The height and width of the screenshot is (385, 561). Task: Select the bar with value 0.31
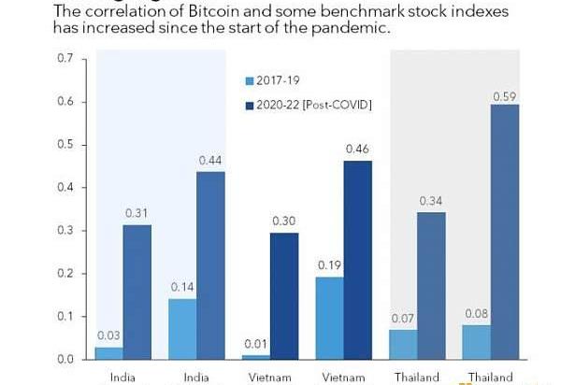pos(137,292)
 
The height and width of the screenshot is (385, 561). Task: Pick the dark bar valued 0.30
pos(283,294)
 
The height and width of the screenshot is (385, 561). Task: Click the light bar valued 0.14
pos(182,328)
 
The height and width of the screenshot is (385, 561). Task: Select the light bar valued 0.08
pos(476,341)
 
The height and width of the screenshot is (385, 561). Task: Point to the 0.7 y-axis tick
pos(65,59)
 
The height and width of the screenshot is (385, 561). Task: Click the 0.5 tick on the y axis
pos(65,145)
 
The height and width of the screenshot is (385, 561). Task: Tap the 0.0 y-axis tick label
pos(65,360)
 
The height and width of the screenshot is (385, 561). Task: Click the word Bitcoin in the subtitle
pos(212,11)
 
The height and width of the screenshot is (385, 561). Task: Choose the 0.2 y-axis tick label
pos(65,274)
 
